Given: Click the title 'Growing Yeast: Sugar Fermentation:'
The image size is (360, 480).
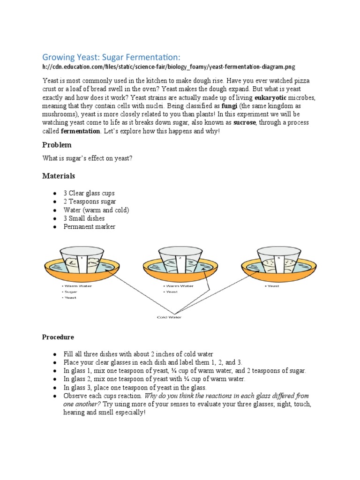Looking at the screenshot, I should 111,57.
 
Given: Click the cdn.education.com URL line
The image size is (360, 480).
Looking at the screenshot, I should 169,67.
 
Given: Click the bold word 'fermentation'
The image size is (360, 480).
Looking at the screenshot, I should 81,131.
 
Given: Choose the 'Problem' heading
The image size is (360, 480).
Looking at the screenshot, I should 57,145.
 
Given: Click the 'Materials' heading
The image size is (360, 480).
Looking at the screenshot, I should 59,176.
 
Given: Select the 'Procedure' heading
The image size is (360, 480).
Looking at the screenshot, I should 58,337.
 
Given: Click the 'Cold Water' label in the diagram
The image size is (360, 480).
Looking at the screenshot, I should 168,317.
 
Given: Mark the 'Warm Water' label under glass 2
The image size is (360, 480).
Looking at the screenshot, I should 179,285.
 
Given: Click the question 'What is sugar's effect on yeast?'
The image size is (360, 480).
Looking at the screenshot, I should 87,158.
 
